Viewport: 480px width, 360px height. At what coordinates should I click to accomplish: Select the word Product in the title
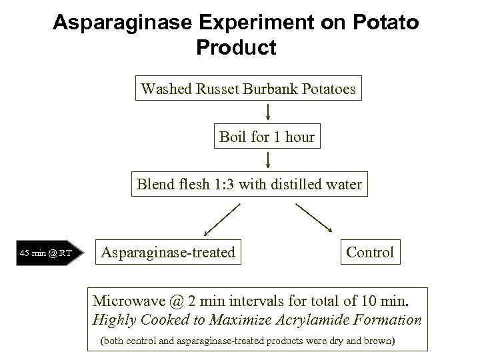click(x=237, y=48)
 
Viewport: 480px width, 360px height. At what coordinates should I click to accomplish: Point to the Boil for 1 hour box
click(x=267, y=137)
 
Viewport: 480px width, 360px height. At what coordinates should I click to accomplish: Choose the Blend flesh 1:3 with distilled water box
click(x=249, y=184)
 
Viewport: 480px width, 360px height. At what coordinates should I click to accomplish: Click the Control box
click(x=370, y=252)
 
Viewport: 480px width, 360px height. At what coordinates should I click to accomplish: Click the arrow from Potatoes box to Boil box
click(x=267, y=113)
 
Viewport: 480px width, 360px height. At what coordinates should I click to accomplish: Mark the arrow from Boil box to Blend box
click(x=267, y=161)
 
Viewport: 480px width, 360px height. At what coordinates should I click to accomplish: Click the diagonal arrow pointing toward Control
click(x=313, y=217)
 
